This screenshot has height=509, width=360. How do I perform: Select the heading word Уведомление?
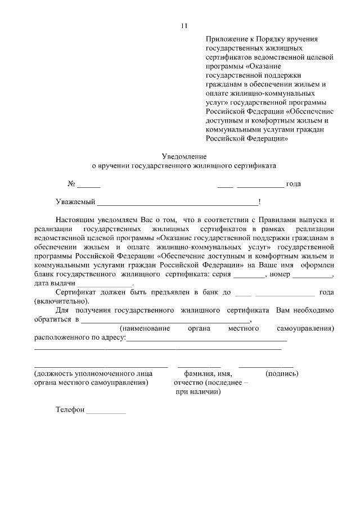pos(184,156)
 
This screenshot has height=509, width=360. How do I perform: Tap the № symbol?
pos(71,184)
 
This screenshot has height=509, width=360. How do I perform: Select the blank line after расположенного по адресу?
pos(207,340)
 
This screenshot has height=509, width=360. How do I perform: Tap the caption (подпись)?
pos(281,373)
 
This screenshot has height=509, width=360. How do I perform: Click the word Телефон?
pos(70,410)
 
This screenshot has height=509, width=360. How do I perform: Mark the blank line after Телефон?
pos(106,412)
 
